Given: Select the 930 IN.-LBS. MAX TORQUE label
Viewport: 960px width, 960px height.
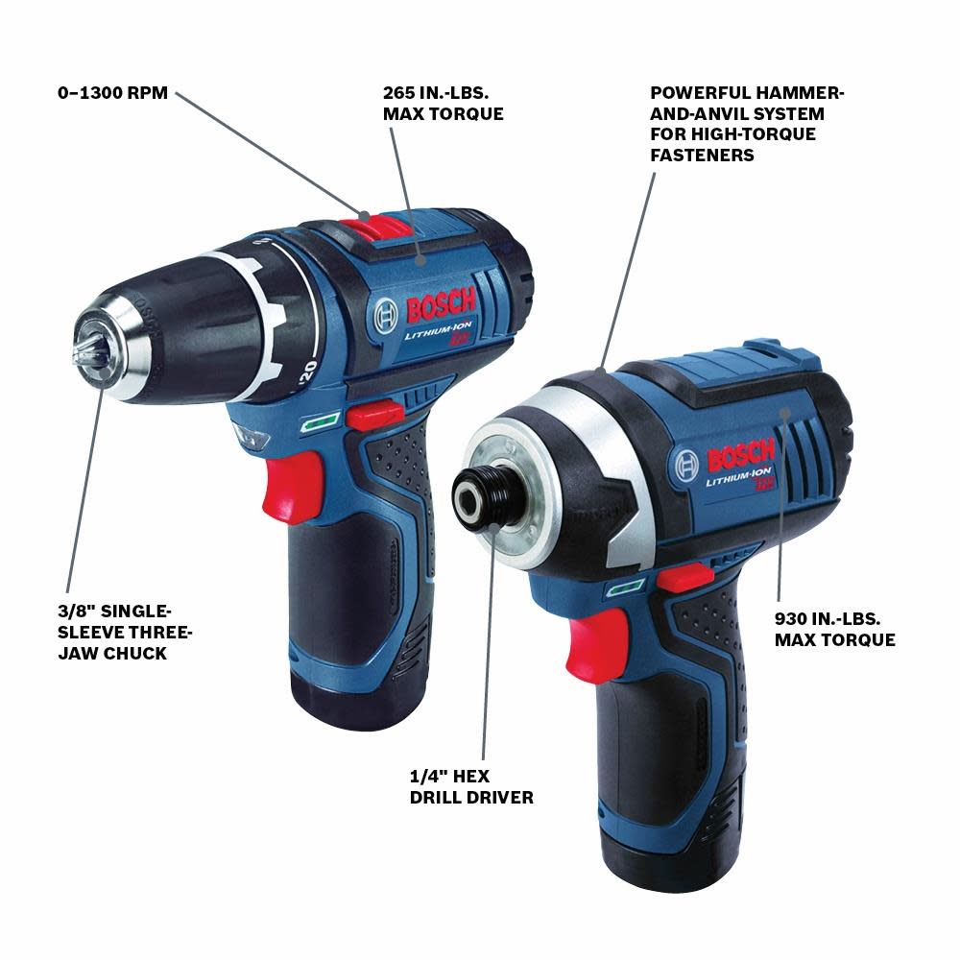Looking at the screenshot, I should pos(834,629).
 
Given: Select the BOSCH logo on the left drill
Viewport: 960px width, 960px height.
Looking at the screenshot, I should pos(439,307).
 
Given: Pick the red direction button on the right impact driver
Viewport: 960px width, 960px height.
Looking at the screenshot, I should pos(678,578).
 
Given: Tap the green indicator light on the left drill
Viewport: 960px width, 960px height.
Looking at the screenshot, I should pos(317,420).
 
